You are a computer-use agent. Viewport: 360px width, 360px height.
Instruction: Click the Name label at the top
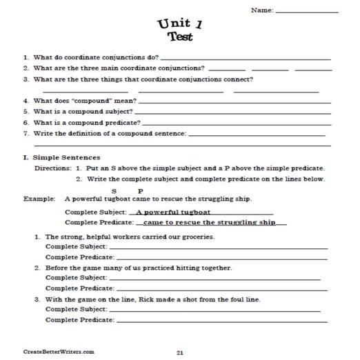[x=262, y=10]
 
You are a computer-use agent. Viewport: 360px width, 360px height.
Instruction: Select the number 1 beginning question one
[x=26, y=57]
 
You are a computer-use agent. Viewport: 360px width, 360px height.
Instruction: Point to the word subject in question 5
[x=115, y=110]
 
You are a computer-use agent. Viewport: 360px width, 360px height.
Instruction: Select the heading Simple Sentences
[x=66, y=157]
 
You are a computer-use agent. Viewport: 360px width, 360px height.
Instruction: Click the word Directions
[x=52, y=168]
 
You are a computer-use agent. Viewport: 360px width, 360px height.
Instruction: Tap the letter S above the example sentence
[x=113, y=190]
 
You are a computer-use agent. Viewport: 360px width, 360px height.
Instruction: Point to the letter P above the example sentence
[x=140, y=190]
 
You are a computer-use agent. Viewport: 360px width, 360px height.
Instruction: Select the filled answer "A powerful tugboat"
[x=173, y=212]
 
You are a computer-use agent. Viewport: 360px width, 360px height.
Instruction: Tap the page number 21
[x=179, y=352]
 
